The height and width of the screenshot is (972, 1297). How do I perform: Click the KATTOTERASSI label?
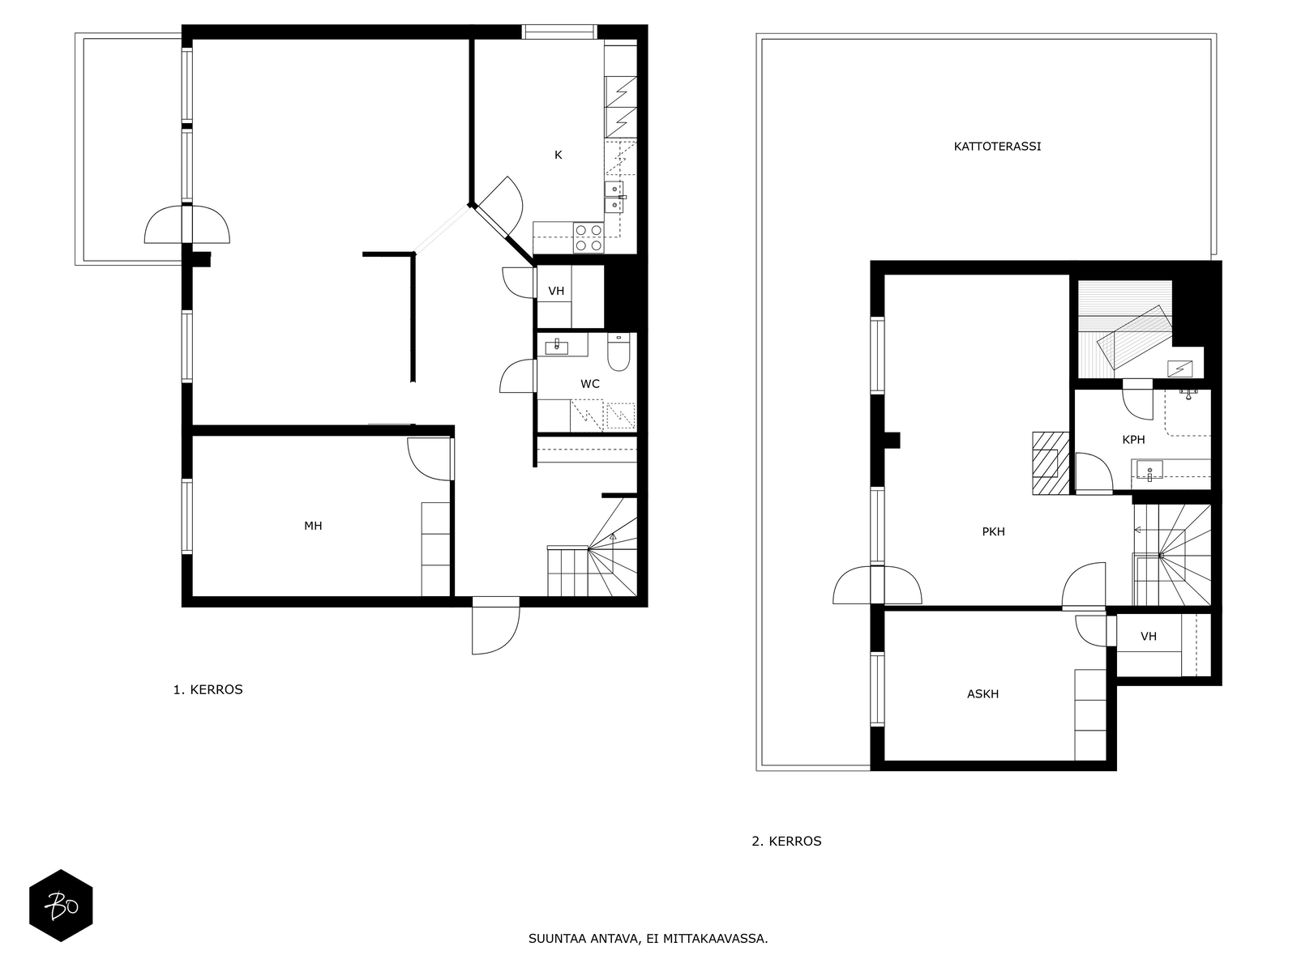pos(997,147)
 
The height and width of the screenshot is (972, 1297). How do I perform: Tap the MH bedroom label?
pos(313,526)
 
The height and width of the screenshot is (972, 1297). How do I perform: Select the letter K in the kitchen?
pos(558,156)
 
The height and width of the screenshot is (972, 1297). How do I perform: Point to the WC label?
pos(589,384)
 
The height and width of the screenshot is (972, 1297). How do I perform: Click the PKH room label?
pos(993,531)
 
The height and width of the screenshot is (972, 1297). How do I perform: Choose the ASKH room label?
pos(982,694)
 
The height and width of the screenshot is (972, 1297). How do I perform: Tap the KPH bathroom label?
pos(1133,440)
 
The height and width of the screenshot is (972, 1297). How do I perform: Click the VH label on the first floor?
pos(556,291)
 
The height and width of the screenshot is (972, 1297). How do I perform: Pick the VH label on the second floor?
pos(1148,636)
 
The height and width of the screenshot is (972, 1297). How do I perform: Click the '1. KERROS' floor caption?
pos(208,689)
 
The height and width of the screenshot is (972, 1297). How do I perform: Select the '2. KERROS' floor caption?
pos(786,841)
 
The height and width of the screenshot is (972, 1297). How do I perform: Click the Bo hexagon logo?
pos(61,906)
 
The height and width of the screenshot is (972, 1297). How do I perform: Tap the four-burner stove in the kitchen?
pos(589,237)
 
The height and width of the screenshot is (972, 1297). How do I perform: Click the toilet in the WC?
pos(619,352)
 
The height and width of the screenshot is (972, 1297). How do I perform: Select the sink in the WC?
pos(556,347)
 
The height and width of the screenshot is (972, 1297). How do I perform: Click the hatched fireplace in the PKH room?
pos(1051,463)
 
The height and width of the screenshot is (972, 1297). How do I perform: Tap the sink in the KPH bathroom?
pos(1149,471)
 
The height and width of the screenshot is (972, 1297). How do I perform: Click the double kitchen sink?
pos(614,197)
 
